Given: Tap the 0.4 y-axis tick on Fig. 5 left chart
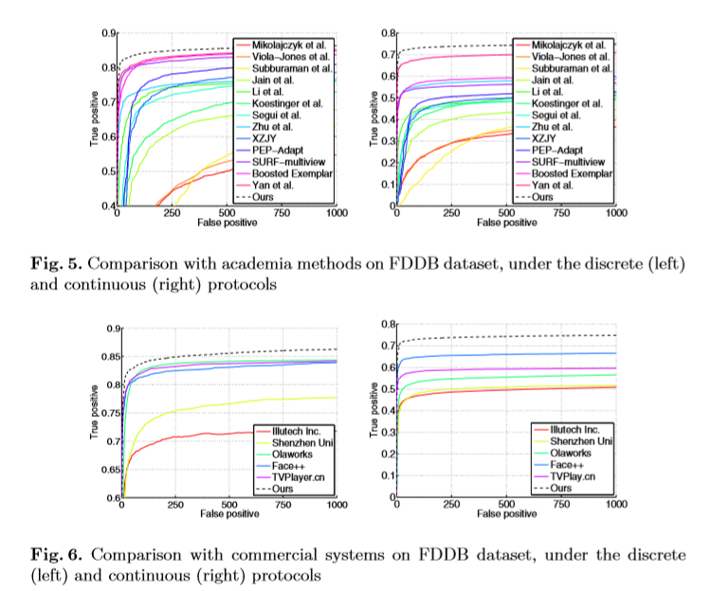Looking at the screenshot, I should (106, 206).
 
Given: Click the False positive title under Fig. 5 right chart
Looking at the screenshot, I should (505, 224).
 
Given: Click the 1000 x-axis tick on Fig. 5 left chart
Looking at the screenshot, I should (336, 214).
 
